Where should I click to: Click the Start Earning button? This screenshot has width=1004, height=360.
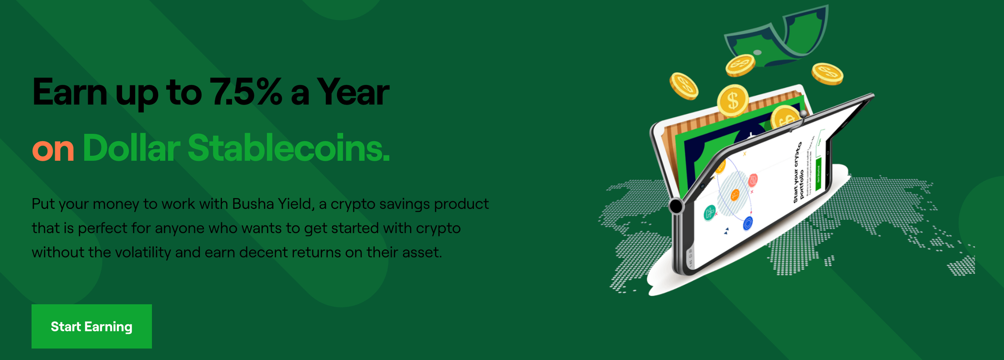point(91,326)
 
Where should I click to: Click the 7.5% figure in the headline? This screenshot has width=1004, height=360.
point(245,92)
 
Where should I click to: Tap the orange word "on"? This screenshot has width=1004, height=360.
point(53,149)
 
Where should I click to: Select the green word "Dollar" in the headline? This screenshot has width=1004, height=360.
point(131,149)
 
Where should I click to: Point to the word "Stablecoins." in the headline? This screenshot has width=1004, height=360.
point(289,149)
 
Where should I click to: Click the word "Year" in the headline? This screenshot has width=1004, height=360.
point(353,92)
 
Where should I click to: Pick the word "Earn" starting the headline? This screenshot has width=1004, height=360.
point(70,92)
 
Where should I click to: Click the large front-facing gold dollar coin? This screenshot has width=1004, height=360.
point(733,100)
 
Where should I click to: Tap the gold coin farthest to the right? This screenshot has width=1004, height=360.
point(827,74)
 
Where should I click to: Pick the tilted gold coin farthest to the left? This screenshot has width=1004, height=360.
point(684,86)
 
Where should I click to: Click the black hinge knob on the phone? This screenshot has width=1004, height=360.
point(676,205)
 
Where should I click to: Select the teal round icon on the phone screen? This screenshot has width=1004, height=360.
point(710,213)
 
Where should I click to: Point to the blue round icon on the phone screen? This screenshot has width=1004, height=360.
point(748,222)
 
